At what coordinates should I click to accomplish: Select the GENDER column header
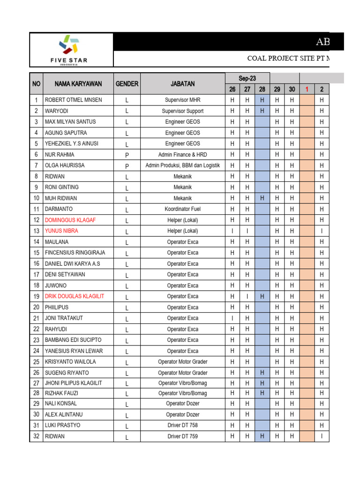click(127, 84)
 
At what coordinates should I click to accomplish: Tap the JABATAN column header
click(182, 84)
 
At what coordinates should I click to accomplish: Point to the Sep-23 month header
click(247, 78)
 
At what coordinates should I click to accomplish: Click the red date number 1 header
click(307, 90)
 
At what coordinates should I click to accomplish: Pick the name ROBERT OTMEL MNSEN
click(73, 100)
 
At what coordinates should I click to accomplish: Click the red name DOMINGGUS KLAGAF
click(70, 220)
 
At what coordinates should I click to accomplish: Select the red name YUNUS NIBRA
click(61, 231)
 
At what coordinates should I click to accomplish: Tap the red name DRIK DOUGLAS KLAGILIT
click(75, 296)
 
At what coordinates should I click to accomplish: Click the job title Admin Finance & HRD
click(182, 155)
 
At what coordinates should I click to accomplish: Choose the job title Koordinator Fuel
click(182, 209)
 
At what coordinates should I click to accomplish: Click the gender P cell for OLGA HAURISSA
click(127, 165)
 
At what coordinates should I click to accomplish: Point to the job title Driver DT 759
click(182, 436)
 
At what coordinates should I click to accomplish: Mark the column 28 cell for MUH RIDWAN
click(262, 198)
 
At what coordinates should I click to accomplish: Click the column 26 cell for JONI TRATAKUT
click(232, 318)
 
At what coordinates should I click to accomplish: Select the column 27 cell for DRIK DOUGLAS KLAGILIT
click(247, 296)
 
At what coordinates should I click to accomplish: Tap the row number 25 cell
click(36, 362)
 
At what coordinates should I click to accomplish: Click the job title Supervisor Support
click(182, 111)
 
